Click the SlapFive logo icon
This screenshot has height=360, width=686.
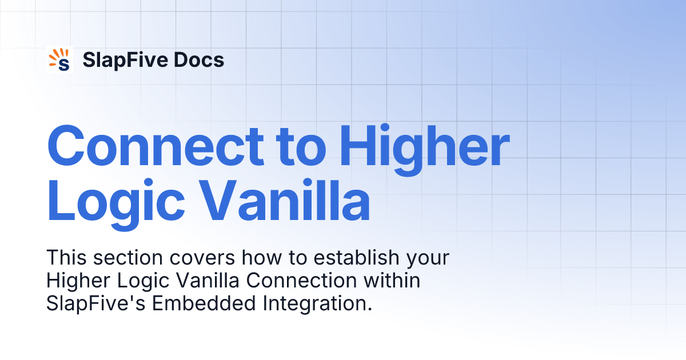(59, 59)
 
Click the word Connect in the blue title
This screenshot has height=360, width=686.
(155, 146)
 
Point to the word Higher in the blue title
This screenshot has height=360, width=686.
(424, 146)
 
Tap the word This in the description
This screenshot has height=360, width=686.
(64, 258)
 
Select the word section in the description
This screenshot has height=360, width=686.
(121, 258)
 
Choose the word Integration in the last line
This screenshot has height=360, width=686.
(318, 304)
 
